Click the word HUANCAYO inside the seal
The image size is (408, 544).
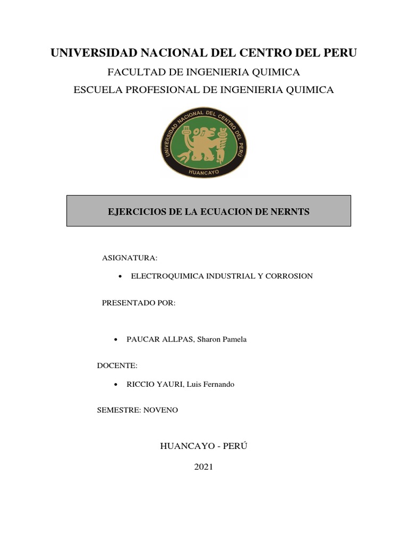point(203,172)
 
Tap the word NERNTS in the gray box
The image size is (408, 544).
point(287,211)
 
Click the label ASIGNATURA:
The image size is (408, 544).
point(130,258)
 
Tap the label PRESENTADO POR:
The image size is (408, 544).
point(138,303)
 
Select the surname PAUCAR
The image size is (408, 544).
point(141,339)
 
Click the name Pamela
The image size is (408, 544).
point(233,339)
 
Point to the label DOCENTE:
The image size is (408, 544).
point(117,365)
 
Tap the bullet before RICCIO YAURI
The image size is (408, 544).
point(116,385)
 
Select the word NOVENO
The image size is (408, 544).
point(160,410)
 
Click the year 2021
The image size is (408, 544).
point(203,467)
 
